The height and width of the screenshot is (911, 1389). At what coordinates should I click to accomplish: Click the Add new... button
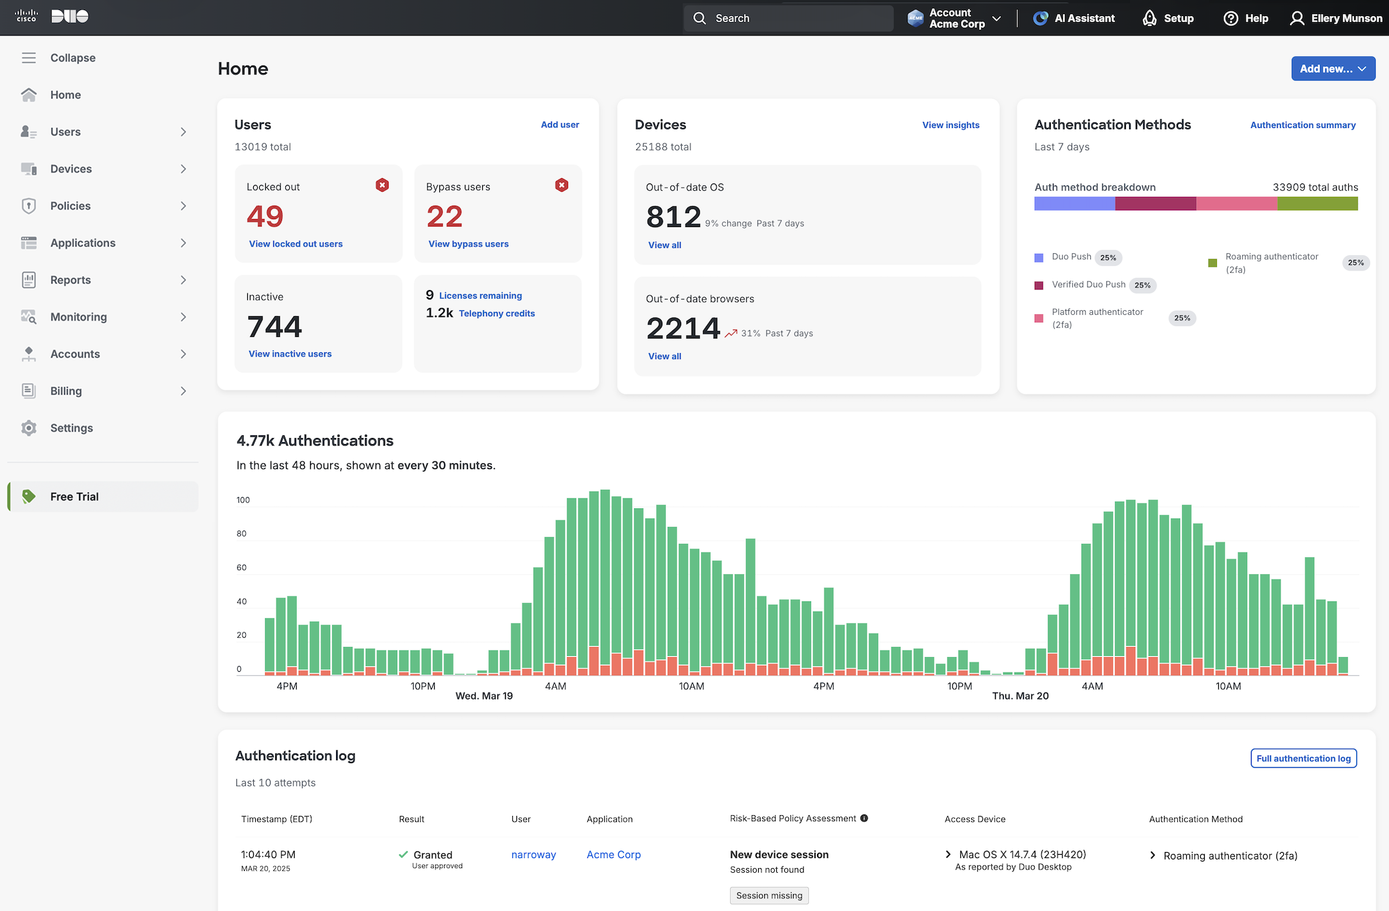[1332, 69]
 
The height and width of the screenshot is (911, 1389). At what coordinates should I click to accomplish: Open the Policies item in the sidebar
[70, 206]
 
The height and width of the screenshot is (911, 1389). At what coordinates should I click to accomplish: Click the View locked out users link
[295, 244]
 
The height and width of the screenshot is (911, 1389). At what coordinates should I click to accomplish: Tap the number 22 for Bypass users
[445, 216]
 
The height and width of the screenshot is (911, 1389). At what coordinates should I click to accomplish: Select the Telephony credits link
[496, 313]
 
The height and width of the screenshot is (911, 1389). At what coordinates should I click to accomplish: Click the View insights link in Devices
[950, 125]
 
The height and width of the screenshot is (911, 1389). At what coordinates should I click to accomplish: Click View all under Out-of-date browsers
[664, 356]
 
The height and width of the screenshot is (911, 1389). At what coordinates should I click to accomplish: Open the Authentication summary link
[1303, 125]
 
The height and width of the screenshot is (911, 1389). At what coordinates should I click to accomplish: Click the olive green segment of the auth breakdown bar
[1317, 204]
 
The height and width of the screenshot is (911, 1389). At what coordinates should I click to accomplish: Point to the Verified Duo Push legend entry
[1088, 285]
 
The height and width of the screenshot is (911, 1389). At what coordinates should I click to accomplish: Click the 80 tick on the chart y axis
[242, 534]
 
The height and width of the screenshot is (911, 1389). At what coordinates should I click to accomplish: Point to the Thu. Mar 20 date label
[1020, 696]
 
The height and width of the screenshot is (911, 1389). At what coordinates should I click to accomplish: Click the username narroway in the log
[533, 855]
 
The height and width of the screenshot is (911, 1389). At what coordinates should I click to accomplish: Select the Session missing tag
[769, 896]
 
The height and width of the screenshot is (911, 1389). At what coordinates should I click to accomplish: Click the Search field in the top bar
[788, 18]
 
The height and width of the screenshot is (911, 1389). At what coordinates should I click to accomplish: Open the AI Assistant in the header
[1074, 18]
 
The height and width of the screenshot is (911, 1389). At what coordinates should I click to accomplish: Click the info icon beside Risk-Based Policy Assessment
[864, 818]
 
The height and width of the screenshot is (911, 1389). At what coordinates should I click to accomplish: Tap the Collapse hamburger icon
[29, 58]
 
